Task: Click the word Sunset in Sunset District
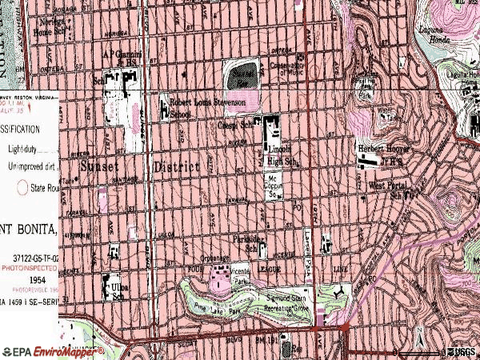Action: [99, 166]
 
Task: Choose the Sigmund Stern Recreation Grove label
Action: [290, 302]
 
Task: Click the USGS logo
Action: [460, 351]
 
